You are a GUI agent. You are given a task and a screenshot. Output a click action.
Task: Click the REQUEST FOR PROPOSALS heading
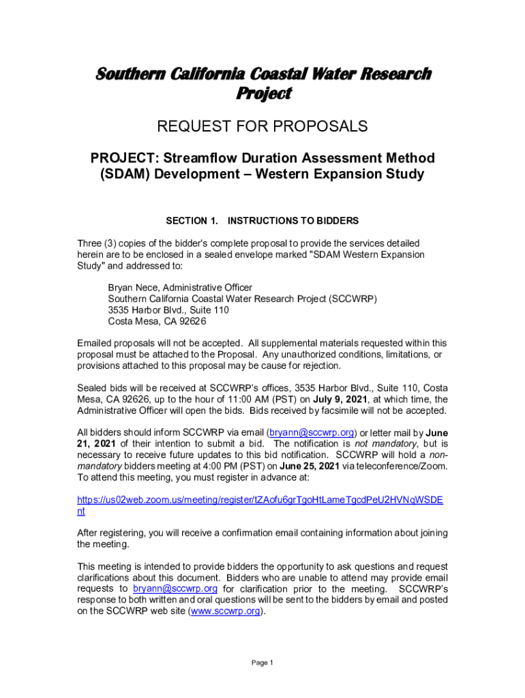tap(262, 127)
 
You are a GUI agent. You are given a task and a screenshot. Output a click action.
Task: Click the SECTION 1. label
tap(192, 221)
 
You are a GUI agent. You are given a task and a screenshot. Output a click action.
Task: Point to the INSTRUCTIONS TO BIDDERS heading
tap(293, 221)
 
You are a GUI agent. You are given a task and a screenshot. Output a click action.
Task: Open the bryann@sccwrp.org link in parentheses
tap(312, 433)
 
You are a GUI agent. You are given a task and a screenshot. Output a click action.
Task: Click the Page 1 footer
tap(262, 663)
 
